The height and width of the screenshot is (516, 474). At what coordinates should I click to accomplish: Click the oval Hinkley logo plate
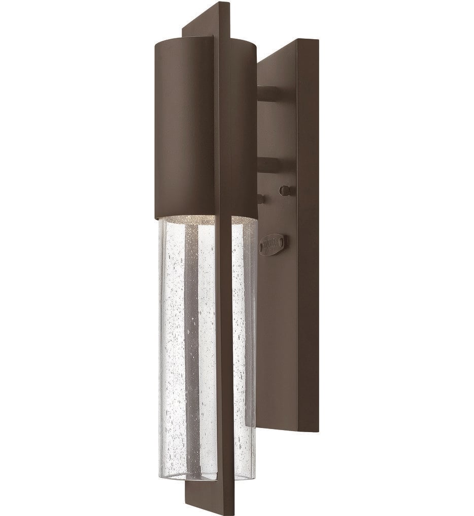pos(273,243)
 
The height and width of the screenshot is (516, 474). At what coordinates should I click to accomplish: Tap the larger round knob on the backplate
pos(285,190)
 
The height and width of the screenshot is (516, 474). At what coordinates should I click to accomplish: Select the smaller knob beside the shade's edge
pos(261,199)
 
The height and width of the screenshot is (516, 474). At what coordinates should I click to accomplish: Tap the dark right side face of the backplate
pos(309,229)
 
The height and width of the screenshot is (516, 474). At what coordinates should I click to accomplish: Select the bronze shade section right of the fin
pos(244,127)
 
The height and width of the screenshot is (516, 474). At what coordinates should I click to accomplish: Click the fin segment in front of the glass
pos(224,346)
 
